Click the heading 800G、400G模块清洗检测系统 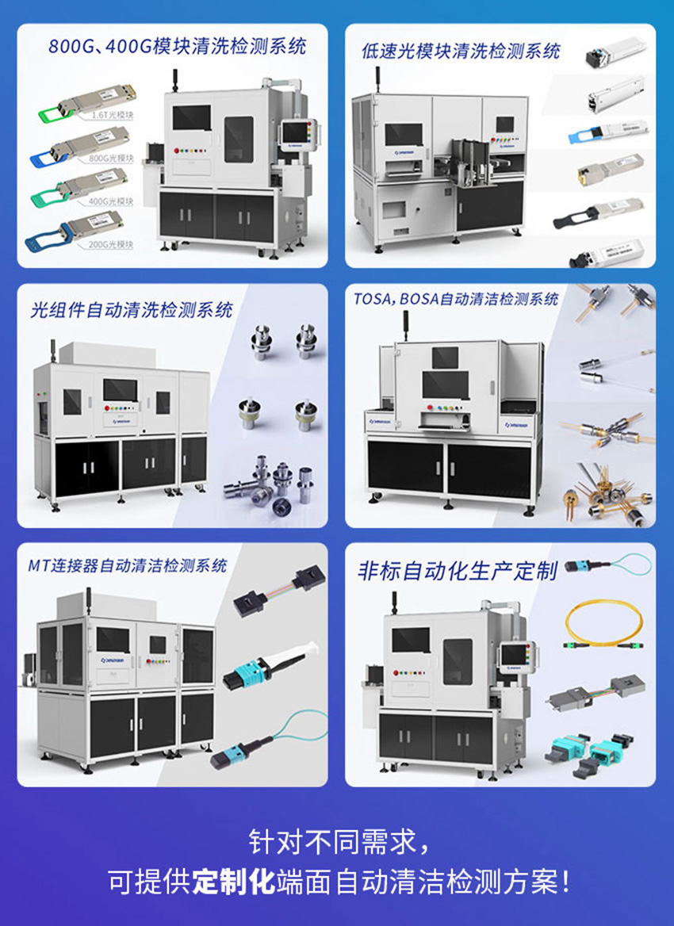point(177,45)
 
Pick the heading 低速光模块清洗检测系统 point(458,52)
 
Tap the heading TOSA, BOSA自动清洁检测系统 point(456,299)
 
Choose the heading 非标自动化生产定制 point(458,570)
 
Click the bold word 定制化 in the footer point(235,881)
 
